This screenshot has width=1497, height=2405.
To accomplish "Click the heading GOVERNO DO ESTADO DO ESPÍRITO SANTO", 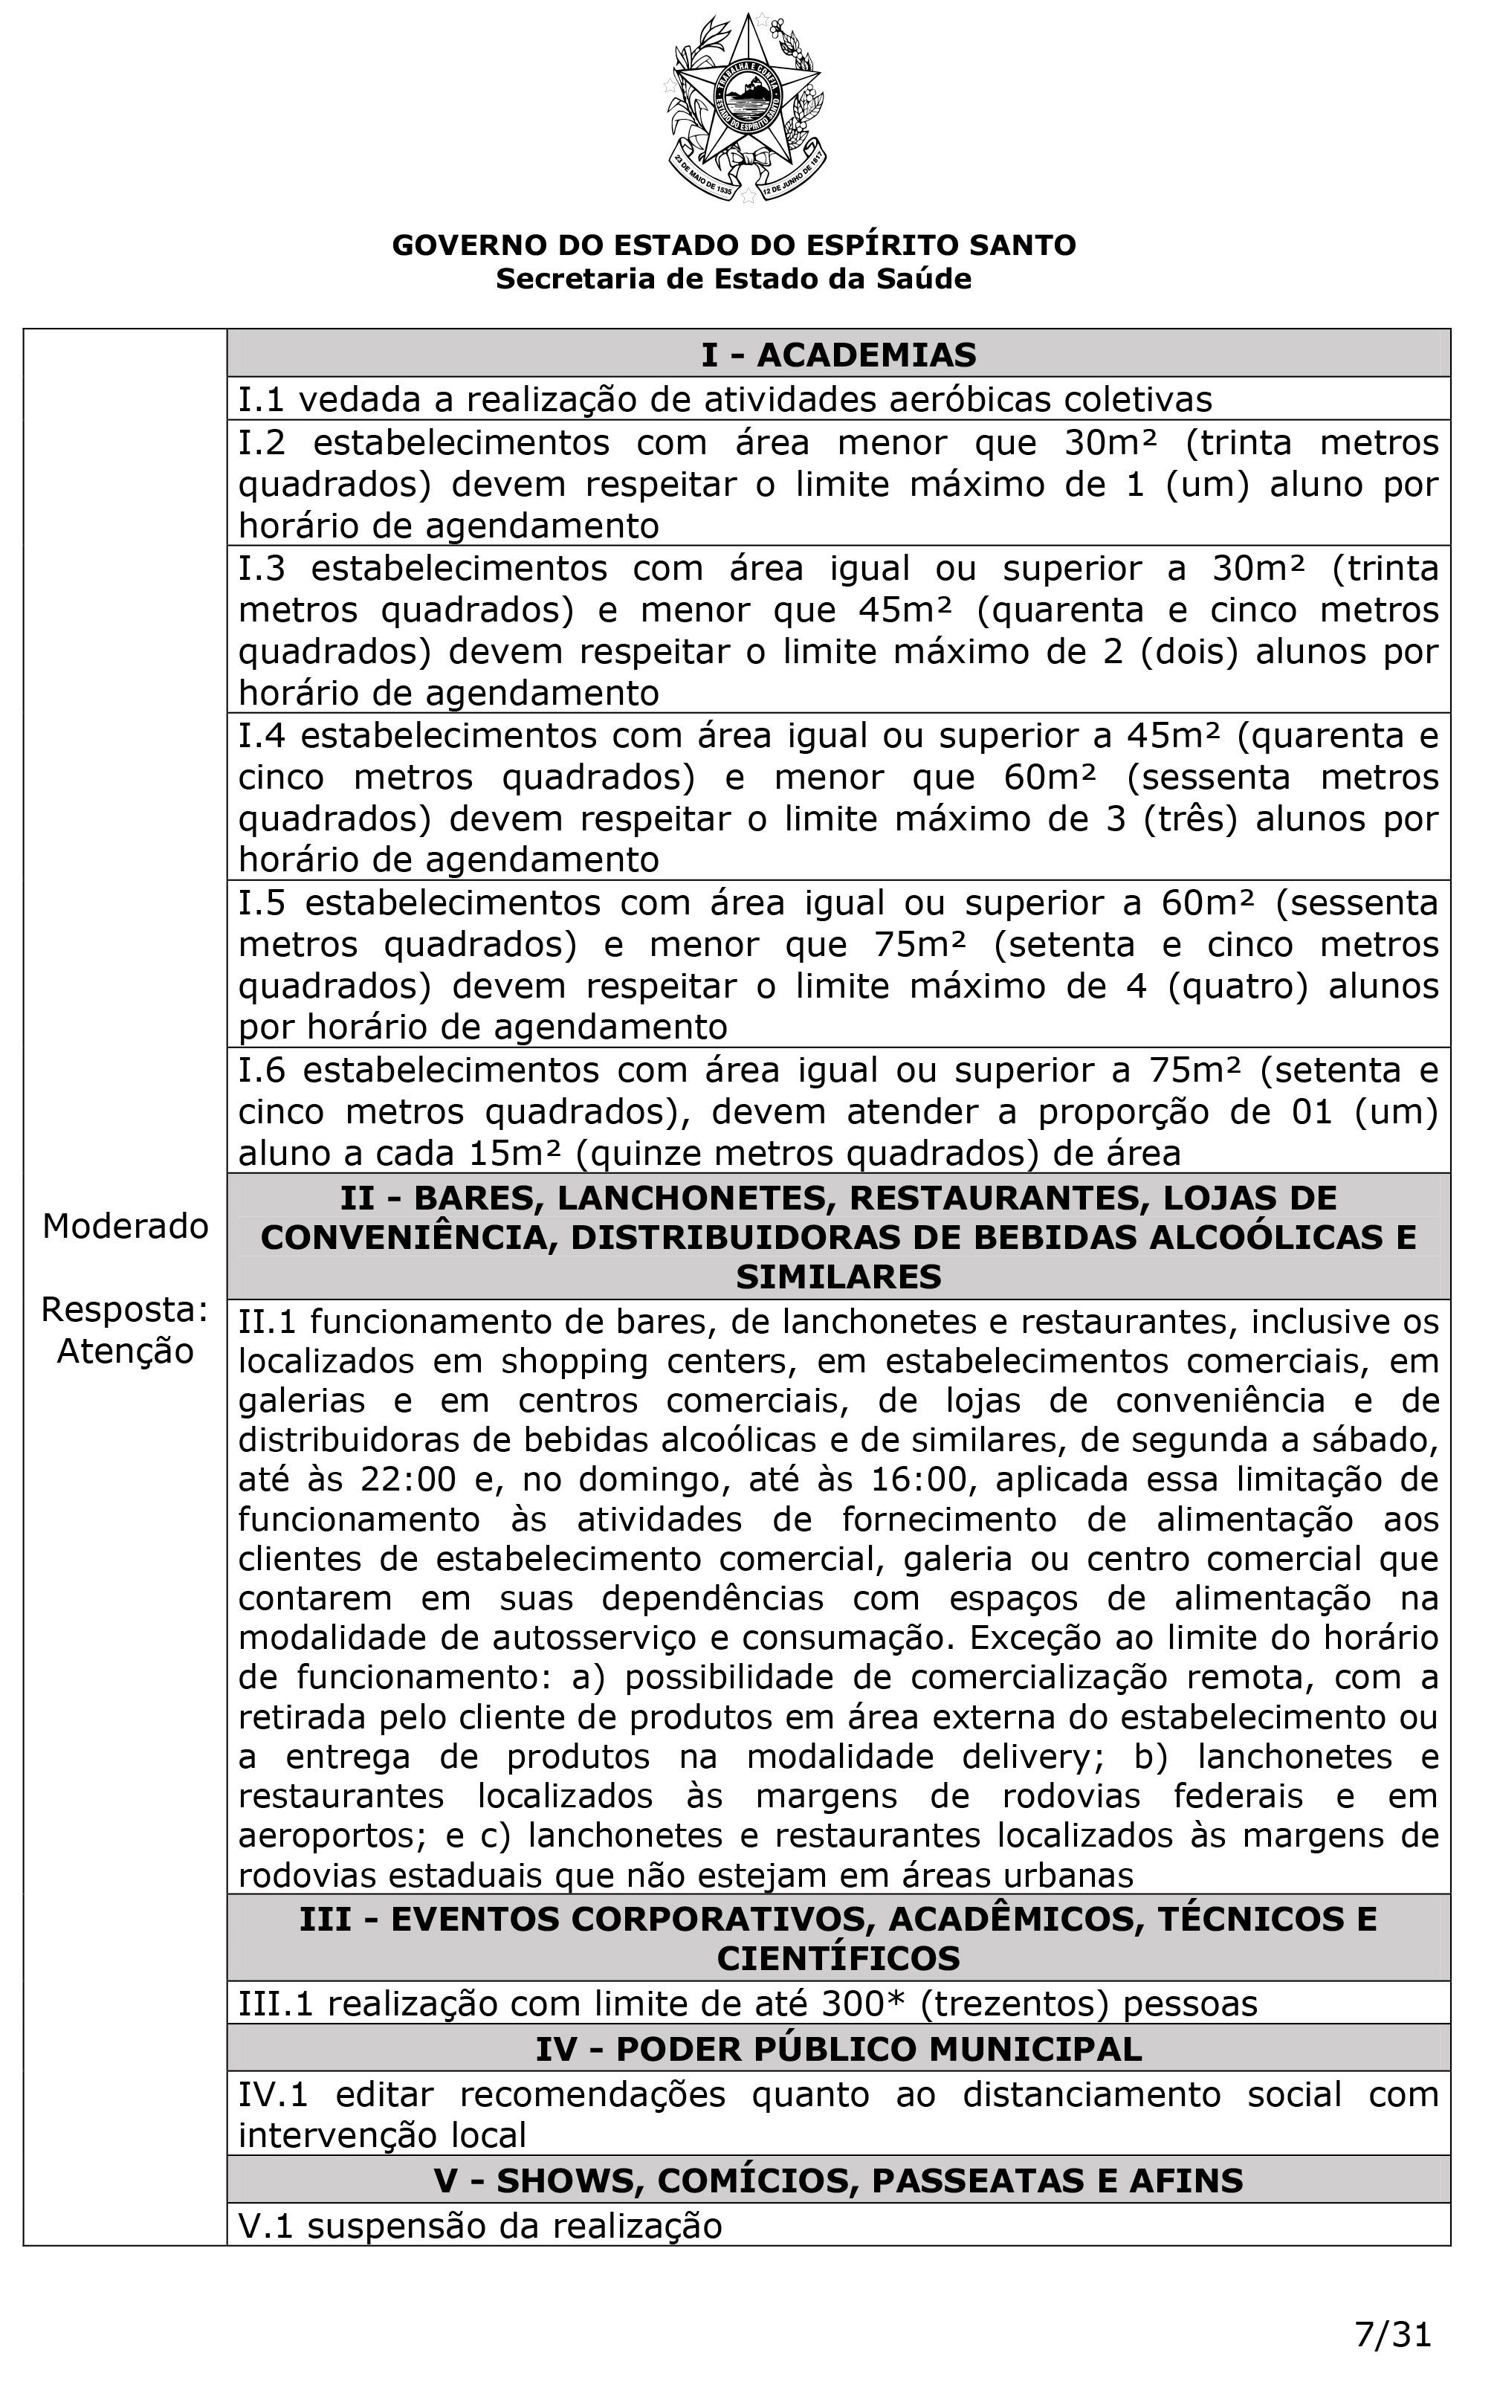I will point(734,245).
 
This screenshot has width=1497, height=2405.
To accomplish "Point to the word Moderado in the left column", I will point(126,1226).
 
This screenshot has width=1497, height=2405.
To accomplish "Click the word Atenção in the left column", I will point(126,1351).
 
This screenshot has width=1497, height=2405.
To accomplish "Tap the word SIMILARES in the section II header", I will point(838,1277).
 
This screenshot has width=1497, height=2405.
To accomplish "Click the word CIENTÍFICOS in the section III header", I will point(838,1957).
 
